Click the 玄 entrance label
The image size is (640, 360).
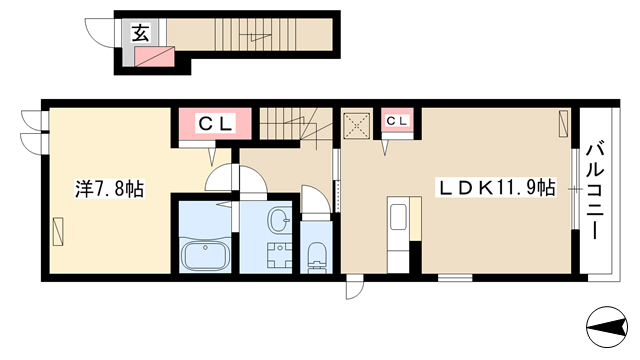pyautogui.click(x=140, y=33)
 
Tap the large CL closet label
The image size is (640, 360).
pyautogui.click(x=216, y=123)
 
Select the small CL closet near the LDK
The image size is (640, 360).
pyautogui.click(x=397, y=121)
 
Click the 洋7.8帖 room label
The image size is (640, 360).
pyautogui.click(x=109, y=189)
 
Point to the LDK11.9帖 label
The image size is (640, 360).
pyautogui.click(x=497, y=188)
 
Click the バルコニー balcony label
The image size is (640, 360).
pyautogui.click(x=595, y=190)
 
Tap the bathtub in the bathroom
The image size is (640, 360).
pyautogui.click(x=205, y=254)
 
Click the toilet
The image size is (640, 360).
pyautogui.click(x=316, y=256)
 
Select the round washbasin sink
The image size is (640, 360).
pyautogui.click(x=280, y=220)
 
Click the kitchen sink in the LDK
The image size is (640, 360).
pyautogui.click(x=398, y=217)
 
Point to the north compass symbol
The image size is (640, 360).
pyautogui.click(x=607, y=327)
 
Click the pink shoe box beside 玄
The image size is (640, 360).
pyautogui.click(x=154, y=56)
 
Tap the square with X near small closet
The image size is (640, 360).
pyautogui.click(x=357, y=126)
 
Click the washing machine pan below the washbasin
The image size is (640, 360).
pyautogui.click(x=279, y=255)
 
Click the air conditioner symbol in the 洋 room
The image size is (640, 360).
pyautogui.click(x=58, y=232)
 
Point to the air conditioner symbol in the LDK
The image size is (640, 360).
pyautogui.click(x=563, y=124)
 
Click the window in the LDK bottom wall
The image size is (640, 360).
pyautogui.click(x=455, y=278)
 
